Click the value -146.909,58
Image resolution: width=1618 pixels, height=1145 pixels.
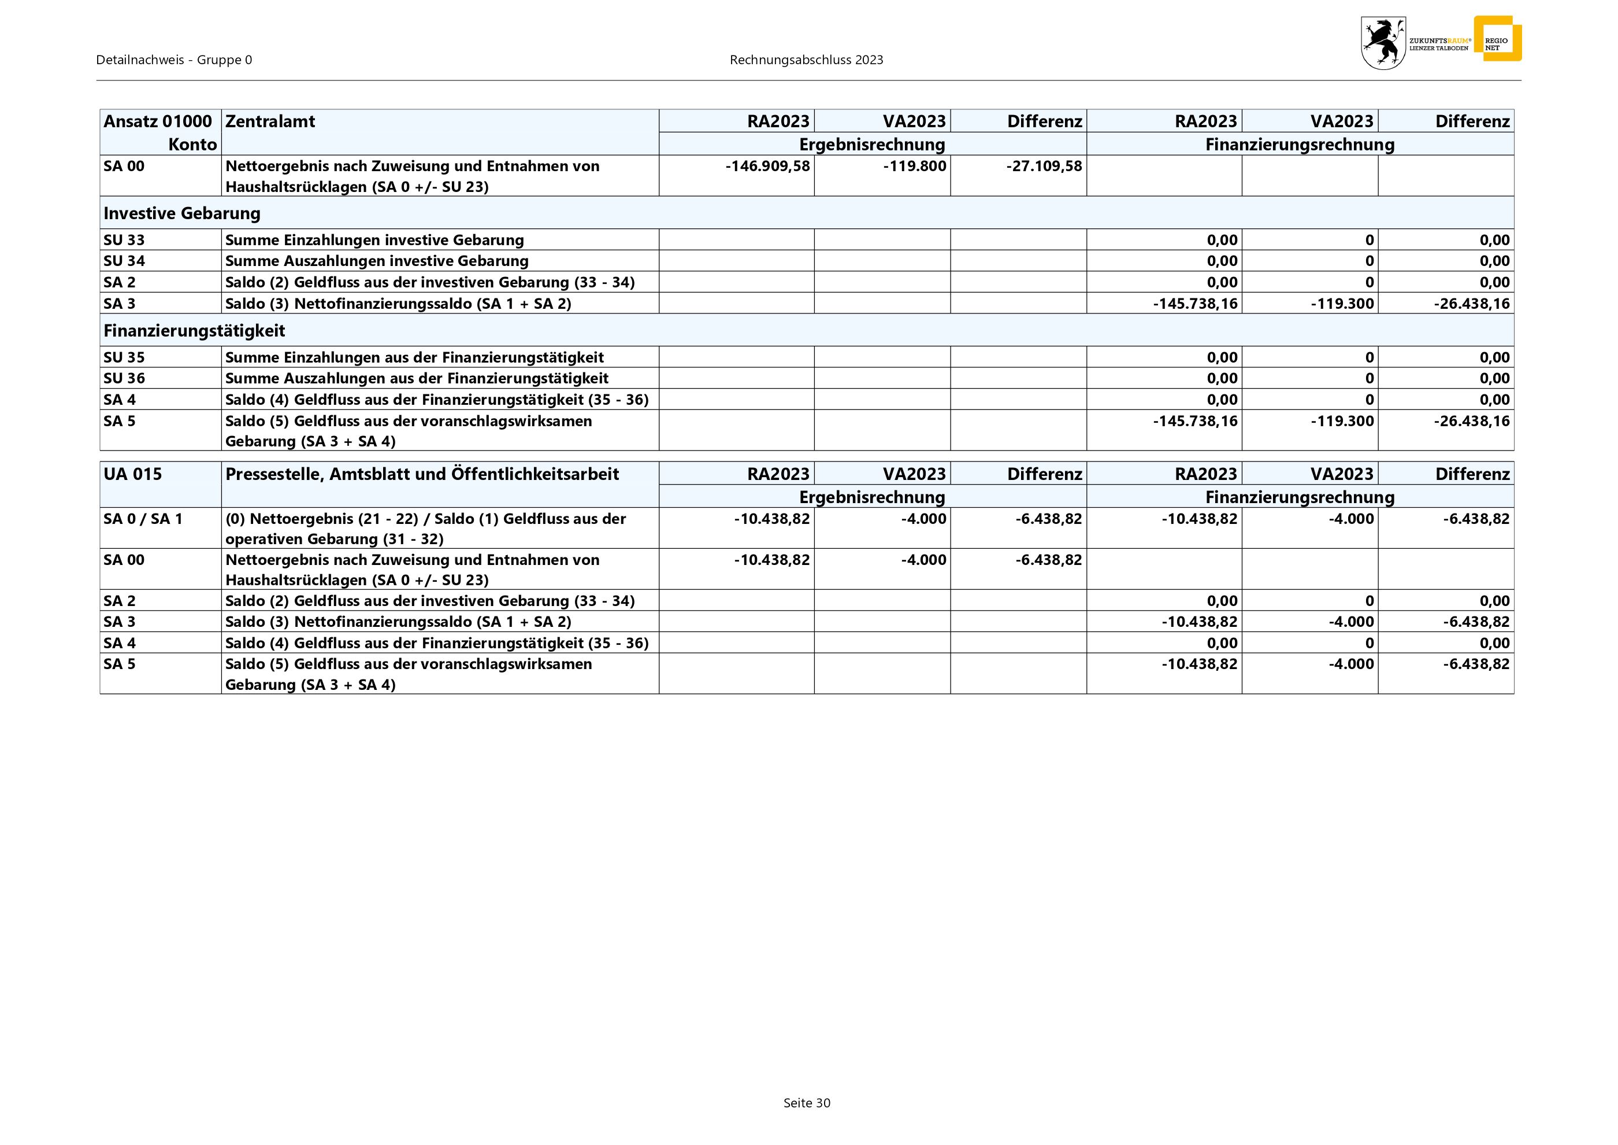point(767,167)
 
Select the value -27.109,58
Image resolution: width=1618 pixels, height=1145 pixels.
point(1044,167)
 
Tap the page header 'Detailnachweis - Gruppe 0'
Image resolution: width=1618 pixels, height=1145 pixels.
point(174,60)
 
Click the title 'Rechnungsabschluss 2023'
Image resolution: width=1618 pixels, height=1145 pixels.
point(806,60)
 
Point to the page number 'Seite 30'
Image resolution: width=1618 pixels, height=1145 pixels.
point(807,1103)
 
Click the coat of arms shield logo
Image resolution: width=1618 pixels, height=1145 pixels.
point(1383,43)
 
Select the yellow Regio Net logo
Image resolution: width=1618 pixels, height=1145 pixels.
point(1497,39)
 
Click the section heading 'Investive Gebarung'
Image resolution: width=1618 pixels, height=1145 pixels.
point(182,213)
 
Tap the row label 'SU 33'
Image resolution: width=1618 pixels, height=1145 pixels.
point(124,240)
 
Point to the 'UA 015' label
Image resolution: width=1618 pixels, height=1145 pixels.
point(132,474)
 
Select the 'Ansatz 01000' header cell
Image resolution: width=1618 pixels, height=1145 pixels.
point(157,121)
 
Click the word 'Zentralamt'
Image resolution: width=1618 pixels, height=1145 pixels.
point(270,121)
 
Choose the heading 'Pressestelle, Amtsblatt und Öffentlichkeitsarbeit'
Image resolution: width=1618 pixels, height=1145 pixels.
point(421,474)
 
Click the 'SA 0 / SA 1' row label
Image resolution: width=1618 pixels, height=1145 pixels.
point(143,519)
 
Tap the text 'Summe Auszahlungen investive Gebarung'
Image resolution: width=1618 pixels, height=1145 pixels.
point(376,261)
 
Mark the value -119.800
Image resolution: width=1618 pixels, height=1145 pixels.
point(914,167)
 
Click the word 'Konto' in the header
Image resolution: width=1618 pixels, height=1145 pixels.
point(192,145)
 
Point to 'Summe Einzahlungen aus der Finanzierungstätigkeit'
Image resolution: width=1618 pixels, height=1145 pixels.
point(414,357)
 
